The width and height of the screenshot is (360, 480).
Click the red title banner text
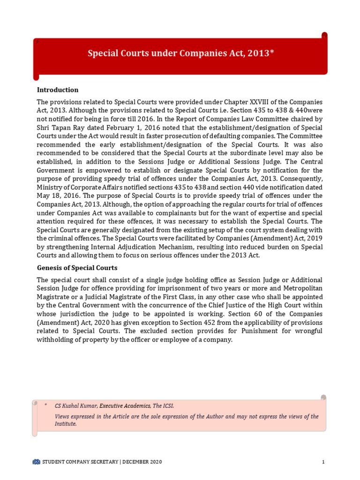point(180,53)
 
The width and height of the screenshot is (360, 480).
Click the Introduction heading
point(58,90)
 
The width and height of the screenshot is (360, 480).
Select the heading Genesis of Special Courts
point(77,268)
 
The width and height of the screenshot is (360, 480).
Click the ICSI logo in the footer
point(37,462)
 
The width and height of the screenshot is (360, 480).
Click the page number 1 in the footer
point(323,462)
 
